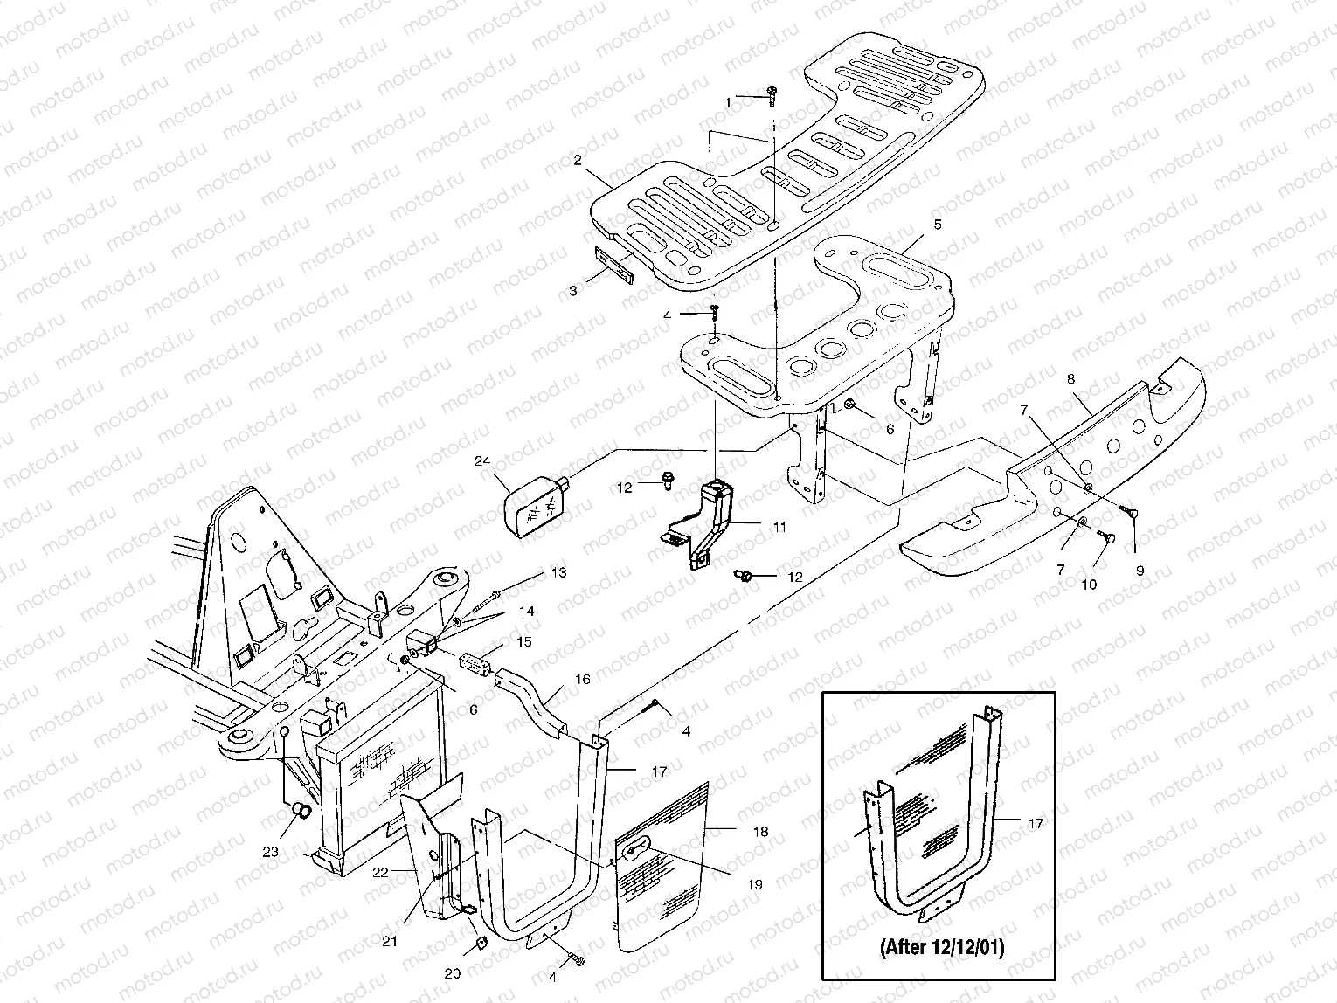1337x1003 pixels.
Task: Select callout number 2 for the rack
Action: click(x=578, y=160)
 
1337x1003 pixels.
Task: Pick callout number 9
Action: click(x=1140, y=571)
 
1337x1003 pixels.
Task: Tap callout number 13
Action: click(x=558, y=572)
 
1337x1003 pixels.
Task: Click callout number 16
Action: click(x=583, y=679)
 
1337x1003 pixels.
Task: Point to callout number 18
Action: click(x=760, y=832)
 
